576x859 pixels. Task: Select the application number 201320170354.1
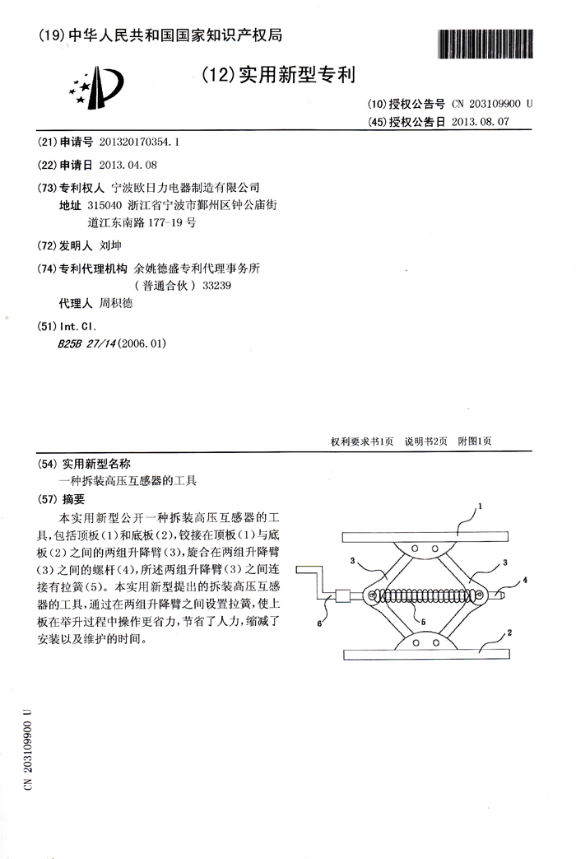[x=138, y=141]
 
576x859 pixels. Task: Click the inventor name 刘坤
[x=109, y=245]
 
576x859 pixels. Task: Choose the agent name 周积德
[x=115, y=303]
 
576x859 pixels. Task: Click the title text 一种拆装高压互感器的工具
[x=129, y=479]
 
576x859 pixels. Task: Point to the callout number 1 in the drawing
[x=481, y=505]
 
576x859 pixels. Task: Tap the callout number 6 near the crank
[x=319, y=623]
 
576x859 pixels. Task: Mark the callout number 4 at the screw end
[x=524, y=580]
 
